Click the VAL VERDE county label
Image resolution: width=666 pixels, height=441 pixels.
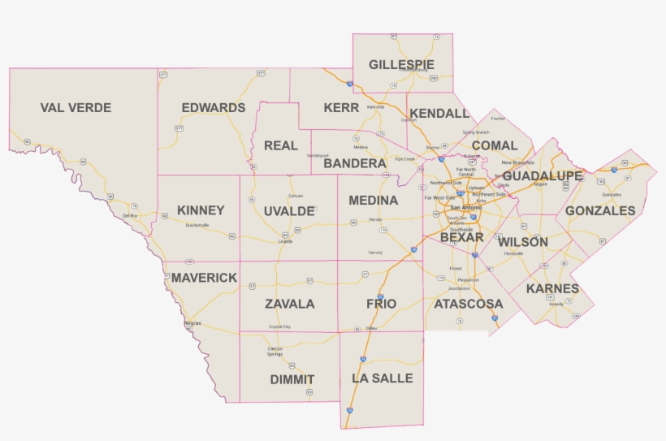pos(76,108)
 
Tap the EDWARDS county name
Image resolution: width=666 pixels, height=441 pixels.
pos(213,108)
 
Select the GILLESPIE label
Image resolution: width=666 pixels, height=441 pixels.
pos(401,64)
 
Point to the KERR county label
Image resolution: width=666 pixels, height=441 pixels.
pos(341,108)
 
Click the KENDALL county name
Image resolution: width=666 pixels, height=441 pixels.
pos(439,114)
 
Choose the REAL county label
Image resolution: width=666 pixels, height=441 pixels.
pos(281,146)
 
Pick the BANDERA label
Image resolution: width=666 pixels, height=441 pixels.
pos(354,164)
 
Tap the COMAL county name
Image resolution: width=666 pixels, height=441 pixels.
pos(494,146)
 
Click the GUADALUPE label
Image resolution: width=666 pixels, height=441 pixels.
pos(542,176)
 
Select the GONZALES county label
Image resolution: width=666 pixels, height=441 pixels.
pos(600,211)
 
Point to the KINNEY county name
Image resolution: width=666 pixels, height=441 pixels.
pos(200,210)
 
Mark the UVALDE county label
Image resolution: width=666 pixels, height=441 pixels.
pos(288,211)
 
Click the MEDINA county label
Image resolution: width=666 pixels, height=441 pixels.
pos(373,201)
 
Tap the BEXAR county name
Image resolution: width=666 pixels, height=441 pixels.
pos(461,238)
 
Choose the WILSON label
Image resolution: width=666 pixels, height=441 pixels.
pos(522,242)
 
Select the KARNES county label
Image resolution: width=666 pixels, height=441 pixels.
pos(552,289)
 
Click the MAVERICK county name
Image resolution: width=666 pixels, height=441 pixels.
pos(204,278)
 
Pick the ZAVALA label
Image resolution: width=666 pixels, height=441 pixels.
pos(289,305)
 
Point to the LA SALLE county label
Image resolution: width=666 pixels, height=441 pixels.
pos(382,378)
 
